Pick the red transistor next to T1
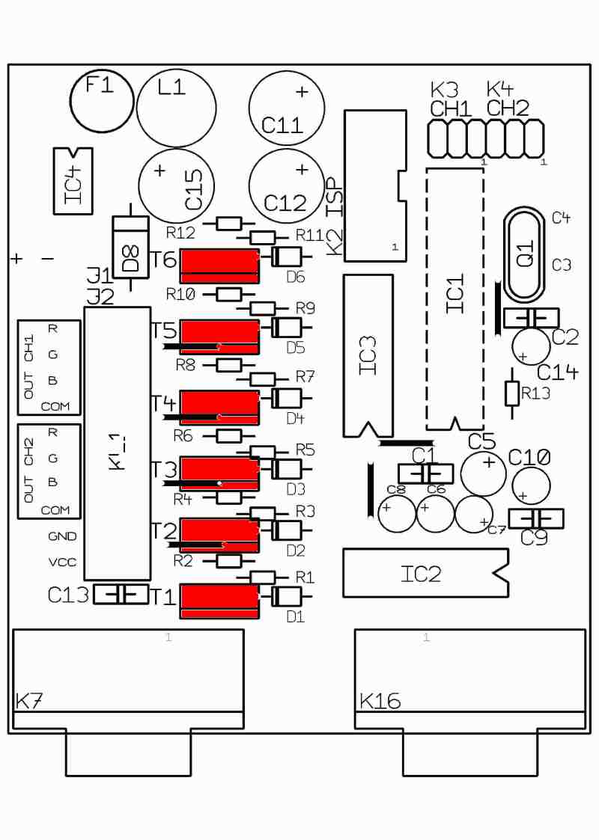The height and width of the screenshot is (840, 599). pos(219,601)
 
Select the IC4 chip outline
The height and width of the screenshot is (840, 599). pos(73,180)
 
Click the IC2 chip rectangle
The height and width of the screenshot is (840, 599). pos(424,573)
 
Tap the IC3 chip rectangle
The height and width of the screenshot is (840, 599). pos(368,355)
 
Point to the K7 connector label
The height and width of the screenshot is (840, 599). pos(29,702)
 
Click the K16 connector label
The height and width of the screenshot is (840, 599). pos(380,702)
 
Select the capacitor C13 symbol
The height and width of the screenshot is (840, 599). pos(121,595)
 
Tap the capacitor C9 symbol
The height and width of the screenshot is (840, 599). pos(535,518)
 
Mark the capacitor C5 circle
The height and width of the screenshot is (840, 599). pos(483,471)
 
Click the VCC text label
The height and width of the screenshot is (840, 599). pos(61,562)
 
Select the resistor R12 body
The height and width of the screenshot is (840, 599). pos(229,223)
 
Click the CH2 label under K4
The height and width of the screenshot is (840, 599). pos(508,108)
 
